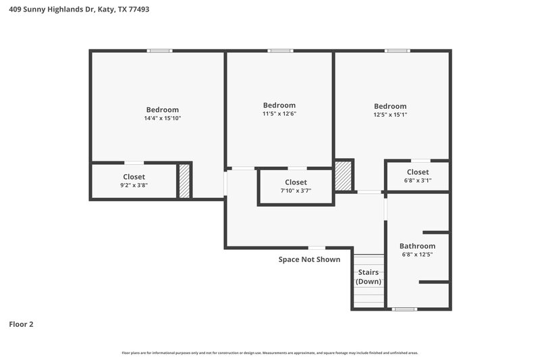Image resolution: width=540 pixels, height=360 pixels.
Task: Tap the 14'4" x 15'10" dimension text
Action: point(162,118)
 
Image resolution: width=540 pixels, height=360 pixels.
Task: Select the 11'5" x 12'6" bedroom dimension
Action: point(279,113)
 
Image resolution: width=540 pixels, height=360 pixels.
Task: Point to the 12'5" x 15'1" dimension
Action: point(390,115)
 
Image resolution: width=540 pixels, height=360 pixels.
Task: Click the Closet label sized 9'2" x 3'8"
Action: point(134,177)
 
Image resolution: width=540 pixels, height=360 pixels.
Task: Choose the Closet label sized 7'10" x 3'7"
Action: point(296,182)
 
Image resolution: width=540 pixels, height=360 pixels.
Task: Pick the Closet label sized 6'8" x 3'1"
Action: point(417,172)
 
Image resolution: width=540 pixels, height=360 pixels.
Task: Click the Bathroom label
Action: point(417,246)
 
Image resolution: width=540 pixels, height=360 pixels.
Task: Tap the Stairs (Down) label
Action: point(369,277)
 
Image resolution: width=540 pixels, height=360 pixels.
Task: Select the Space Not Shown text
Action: point(309,259)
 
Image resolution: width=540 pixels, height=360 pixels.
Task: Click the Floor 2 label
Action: point(21,324)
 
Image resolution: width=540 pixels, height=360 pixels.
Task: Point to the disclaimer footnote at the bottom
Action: point(270,353)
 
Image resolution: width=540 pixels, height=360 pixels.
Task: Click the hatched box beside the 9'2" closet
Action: point(184,181)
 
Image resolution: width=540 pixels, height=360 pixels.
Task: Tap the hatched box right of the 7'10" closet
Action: point(344,176)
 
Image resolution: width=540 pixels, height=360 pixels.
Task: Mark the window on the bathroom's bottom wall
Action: point(404,309)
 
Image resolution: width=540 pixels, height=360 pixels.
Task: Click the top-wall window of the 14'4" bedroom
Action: point(160,51)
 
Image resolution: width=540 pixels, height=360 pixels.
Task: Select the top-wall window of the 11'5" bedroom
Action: point(279,51)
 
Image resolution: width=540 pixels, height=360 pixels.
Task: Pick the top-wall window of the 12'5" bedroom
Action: point(398,51)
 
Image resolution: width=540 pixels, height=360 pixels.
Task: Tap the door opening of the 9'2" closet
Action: point(134,163)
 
